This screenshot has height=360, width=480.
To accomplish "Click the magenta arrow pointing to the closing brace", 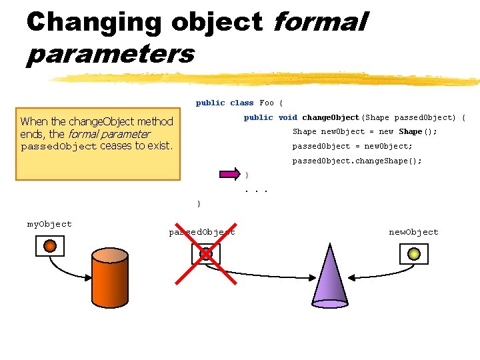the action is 229,175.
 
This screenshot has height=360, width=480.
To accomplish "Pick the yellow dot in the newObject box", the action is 413,253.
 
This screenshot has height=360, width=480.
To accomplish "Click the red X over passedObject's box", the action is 206,254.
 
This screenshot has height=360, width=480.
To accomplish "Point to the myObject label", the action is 49,224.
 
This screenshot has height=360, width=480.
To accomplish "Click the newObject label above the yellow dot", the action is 413,232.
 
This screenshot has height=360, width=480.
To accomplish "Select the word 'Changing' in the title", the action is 93,23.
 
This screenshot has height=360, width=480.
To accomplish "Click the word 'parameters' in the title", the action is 110,53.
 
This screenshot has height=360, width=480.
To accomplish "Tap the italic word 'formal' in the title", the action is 319,23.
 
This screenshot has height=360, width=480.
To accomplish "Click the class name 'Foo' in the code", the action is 267,103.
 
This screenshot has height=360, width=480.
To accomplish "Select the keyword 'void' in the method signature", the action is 288,117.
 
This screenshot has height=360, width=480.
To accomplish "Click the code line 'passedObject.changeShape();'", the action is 357,161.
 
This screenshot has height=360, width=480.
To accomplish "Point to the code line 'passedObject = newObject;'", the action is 353,146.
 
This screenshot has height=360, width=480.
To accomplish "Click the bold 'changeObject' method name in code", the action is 331,117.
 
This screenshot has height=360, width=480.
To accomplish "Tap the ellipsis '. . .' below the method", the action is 256,190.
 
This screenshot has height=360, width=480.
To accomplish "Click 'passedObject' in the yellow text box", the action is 59,147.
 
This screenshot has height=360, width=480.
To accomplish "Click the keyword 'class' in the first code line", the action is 241,103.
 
